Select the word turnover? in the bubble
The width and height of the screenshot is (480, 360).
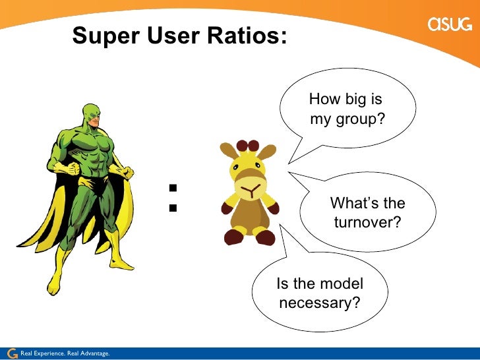point(367,223)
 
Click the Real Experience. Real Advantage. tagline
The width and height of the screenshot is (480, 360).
point(65,354)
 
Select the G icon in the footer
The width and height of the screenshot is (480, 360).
point(11,353)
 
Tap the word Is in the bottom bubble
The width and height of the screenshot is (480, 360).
point(282,284)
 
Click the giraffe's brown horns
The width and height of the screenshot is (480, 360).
point(248,146)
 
